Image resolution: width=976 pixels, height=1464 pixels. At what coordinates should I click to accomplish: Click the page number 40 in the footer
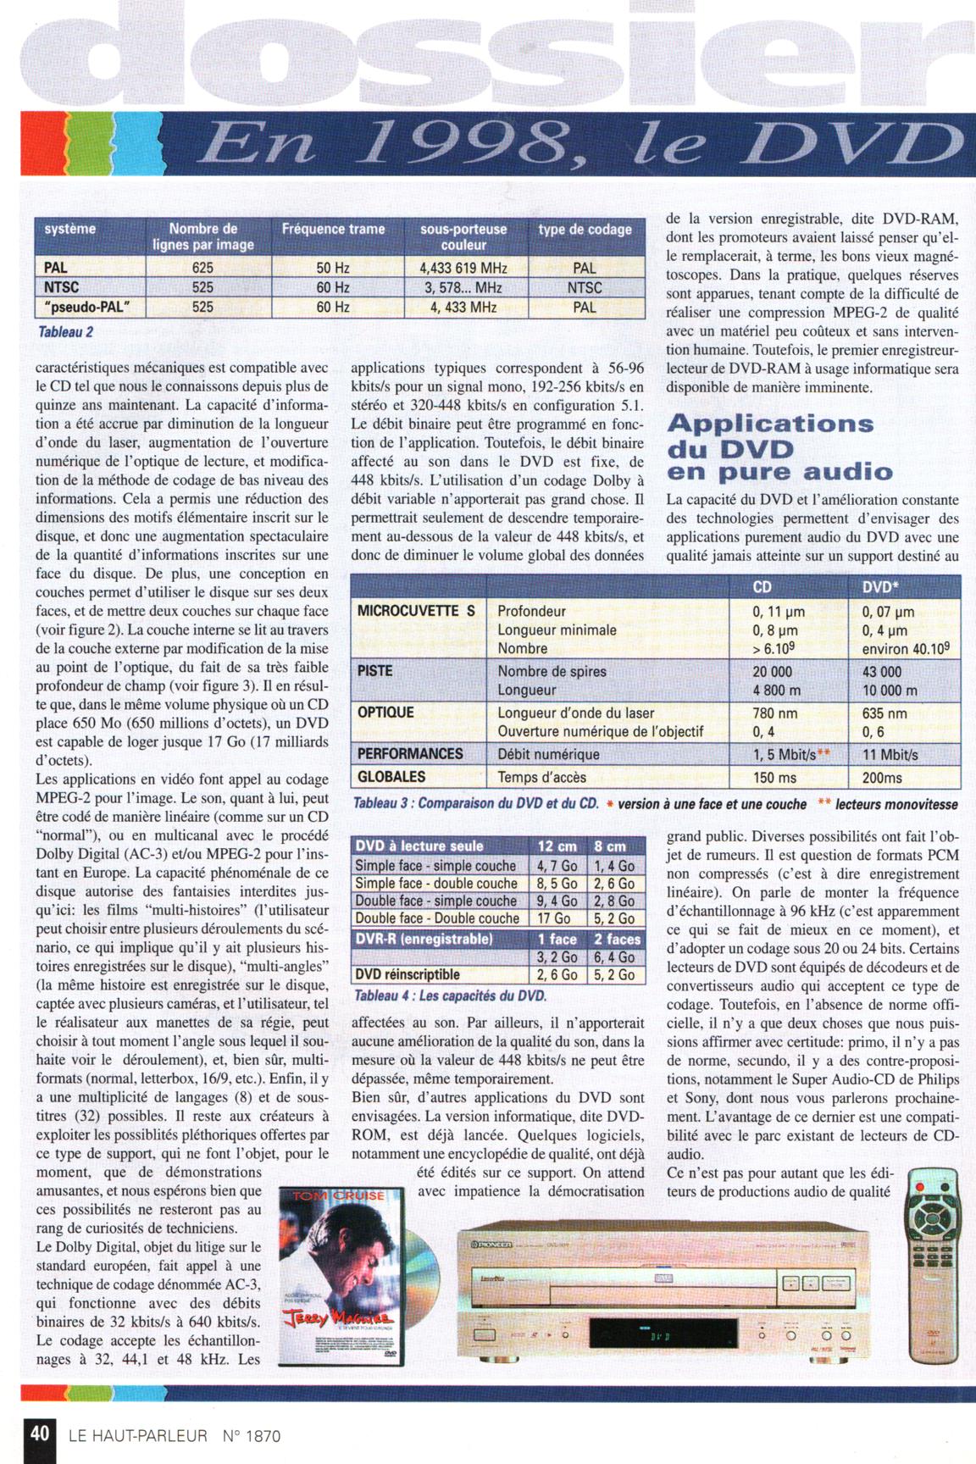[39, 1433]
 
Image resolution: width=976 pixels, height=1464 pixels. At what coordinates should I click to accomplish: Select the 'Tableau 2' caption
[65, 331]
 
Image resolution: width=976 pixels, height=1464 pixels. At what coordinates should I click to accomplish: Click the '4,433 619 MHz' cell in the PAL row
[463, 268]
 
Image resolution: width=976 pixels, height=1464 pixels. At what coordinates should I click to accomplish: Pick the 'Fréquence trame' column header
[333, 229]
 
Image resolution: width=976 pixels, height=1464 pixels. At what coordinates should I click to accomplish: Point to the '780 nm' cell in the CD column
[775, 713]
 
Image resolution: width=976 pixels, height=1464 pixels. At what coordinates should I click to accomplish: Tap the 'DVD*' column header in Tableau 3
[880, 587]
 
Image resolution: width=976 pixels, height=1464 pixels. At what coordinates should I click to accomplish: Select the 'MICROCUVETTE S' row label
[416, 611]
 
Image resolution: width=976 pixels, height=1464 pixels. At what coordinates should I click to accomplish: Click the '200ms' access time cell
[882, 777]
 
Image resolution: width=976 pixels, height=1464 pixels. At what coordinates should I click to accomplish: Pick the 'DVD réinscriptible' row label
[408, 974]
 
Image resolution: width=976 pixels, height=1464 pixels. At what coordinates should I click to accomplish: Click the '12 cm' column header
[557, 846]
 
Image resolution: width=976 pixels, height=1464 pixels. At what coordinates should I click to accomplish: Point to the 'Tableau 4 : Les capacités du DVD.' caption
[450, 995]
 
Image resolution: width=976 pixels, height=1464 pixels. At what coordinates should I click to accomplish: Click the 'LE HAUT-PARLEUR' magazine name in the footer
[137, 1435]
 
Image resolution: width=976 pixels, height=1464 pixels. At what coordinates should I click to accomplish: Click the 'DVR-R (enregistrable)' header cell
[424, 939]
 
